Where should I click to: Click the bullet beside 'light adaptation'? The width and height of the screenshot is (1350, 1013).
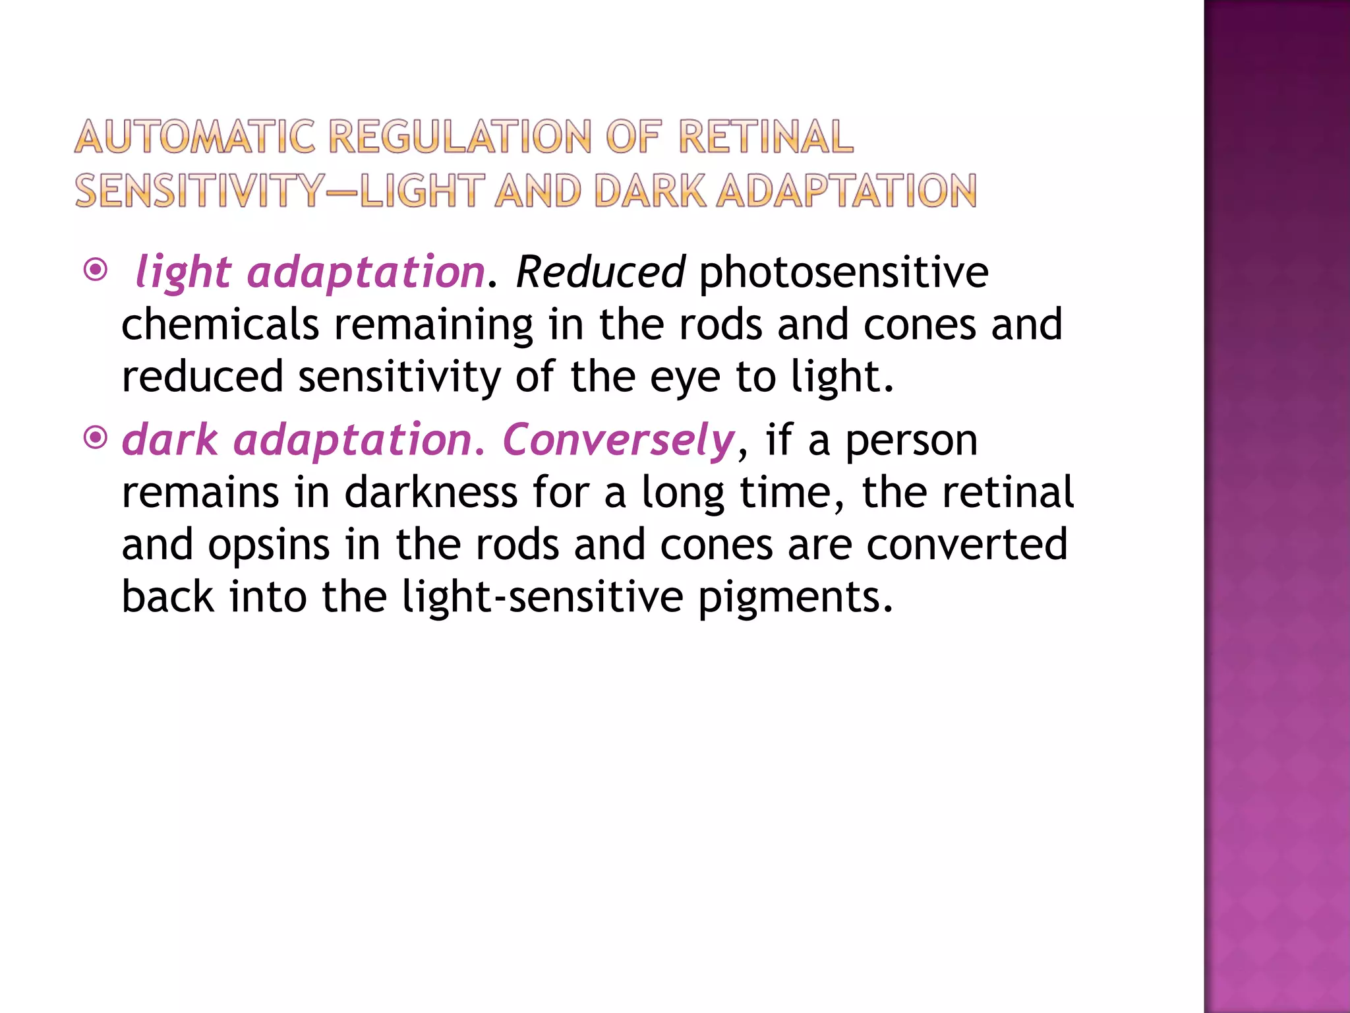pyautogui.click(x=96, y=270)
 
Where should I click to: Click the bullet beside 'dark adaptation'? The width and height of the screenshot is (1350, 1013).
pyautogui.click(x=96, y=437)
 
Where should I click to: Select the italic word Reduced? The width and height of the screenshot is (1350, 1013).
pyautogui.click(x=600, y=272)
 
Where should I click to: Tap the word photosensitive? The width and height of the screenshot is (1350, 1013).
pyautogui.click(x=843, y=272)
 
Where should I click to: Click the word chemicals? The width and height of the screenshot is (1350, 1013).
pyautogui.click(x=220, y=324)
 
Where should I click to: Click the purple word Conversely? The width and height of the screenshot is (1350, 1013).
pyautogui.click(x=618, y=441)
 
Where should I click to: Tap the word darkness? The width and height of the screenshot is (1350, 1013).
pyautogui.click(x=430, y=492)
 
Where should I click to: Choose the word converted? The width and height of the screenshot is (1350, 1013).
pyautogui.click(x=966, y=545)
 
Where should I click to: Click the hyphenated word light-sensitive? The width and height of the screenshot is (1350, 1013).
pyautogui.click(x=543, y=597)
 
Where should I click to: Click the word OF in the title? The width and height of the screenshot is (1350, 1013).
pyautogui.click(x=632, y=137)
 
